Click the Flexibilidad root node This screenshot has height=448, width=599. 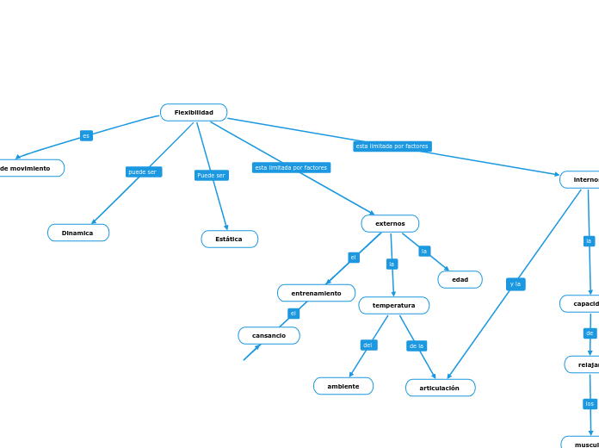click(194, 113)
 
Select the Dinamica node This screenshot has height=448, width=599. click(78, 233)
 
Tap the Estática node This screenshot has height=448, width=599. click(229, 239)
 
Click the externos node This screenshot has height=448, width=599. click(390, 224)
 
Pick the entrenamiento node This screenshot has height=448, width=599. click(316, 293)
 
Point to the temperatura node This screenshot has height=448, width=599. click(393, 305)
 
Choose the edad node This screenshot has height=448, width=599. click(460, 279)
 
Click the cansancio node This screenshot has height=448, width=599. click(269, 335)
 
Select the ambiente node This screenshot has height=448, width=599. click(343, 386)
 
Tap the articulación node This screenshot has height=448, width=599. click(440, 388)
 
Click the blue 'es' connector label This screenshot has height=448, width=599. click(86, 135)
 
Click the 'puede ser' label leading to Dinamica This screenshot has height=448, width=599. click(143, 171)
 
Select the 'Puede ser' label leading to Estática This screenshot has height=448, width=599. click(211, 175)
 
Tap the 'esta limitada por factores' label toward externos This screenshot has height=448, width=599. click(291, 167)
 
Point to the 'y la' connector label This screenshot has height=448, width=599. click(515, 283)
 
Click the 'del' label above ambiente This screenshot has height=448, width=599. click(368, 345)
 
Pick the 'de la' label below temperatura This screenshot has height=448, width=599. click(417, 345)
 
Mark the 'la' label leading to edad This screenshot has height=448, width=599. click(424, 251)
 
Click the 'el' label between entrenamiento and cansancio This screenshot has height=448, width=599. click(293, 314)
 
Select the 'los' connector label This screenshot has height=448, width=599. click(590, 403)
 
